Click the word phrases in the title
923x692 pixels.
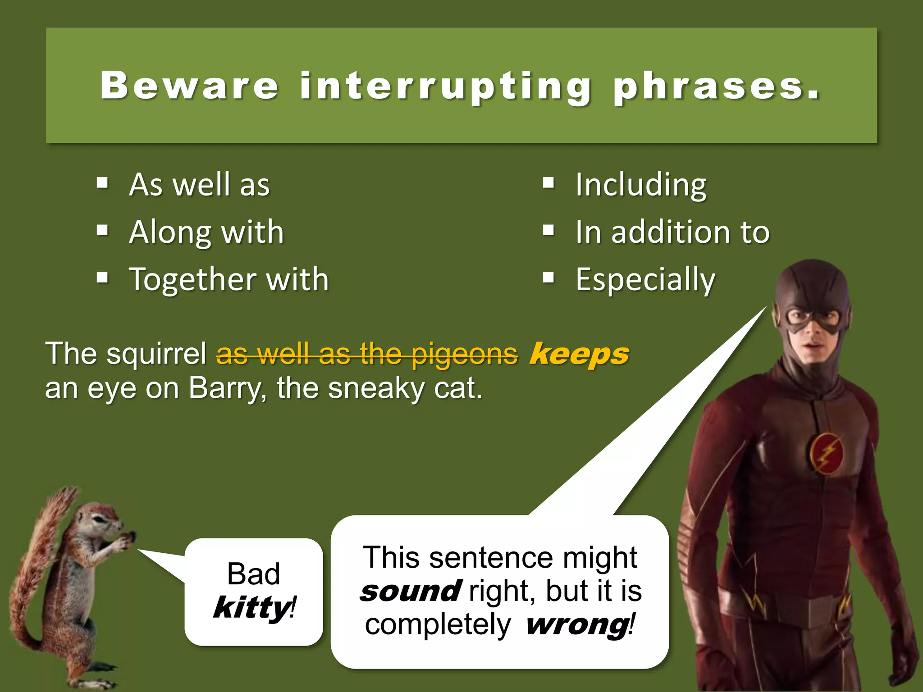tap(717, 86)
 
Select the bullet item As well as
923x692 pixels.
tap(199, 185)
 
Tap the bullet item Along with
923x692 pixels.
tap(206, 232)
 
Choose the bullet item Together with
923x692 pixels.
tap(229, 280)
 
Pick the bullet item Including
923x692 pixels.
tap(641, 185)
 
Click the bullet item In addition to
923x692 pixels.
tap(672, 232)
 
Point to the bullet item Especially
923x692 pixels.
tap(645, 280)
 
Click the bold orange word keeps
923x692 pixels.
tap(579, 354)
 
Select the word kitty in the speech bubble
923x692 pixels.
tap(252, 608)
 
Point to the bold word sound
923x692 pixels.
tap(411, 592)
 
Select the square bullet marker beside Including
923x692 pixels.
tap(548, 183)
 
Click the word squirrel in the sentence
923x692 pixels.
tap(156, 354)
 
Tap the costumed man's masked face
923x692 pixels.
tap(813, 329)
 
